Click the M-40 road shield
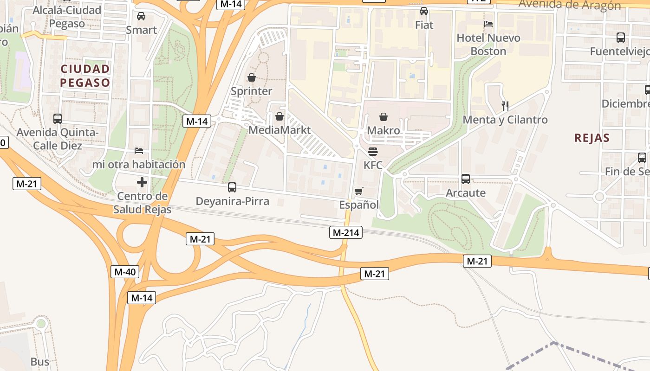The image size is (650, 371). click(125, 272)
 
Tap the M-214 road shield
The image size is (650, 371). click(346, 232)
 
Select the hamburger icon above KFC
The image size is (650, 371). click(372, 152)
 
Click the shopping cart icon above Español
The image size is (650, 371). click(358, 192)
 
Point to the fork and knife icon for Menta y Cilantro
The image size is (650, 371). click(505, 106)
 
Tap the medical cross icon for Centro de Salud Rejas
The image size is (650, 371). click(142, 182)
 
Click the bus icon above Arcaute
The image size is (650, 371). click(466, 179)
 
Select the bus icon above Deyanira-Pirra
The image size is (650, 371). click(232, 187)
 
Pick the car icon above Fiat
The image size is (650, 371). click(424, 11)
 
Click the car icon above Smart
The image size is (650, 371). click(141, 16)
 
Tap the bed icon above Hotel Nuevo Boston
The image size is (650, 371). click(488, 24)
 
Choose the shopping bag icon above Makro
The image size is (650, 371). click(383, 117)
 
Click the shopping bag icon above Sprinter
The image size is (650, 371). click(252, 77)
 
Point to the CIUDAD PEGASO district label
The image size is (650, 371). click(85, 76)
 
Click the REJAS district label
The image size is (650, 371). click(591, 138)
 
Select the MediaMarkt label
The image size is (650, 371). click(279, 130)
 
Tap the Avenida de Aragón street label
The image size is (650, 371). click(570, 5)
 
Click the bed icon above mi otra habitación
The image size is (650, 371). click(139, 151)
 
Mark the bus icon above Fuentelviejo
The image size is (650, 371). click(620, 38)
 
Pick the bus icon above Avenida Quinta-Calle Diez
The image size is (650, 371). click(58, 119)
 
